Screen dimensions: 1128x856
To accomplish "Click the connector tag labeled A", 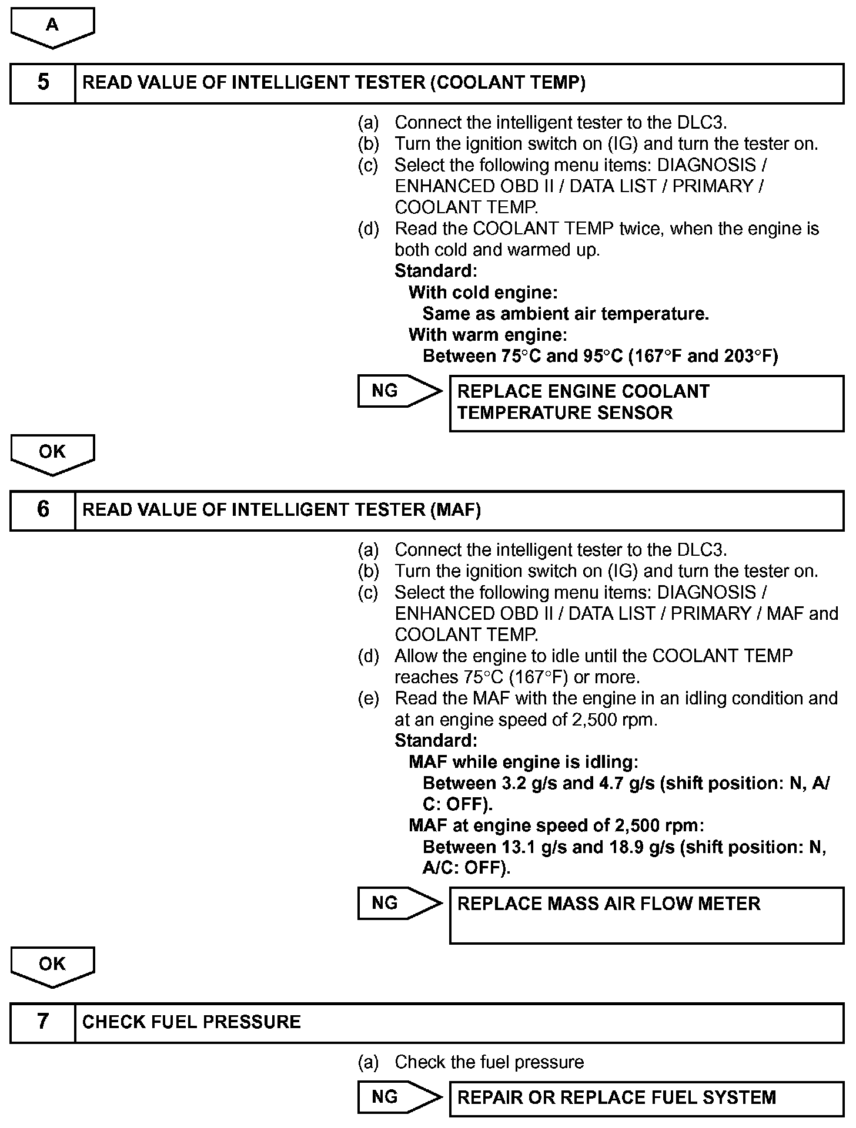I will tap(52, 26).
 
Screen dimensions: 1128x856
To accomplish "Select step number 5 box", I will tap(43, 83).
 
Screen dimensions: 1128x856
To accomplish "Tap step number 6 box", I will tap(43, 510).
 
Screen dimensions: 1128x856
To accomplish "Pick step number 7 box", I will tap(43, 1022).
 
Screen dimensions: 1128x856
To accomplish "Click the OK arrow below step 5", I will tap(52, 453).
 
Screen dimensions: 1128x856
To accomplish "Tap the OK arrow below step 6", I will tap(52, 965).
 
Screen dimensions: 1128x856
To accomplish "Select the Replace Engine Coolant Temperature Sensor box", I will tap(646, 403).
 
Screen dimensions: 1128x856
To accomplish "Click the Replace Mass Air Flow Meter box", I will tap(646, 915).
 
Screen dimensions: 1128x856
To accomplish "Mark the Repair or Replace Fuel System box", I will tap(646, 1098).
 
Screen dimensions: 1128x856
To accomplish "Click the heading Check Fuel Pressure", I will tap(191, 1022).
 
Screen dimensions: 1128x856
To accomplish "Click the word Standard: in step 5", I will tap(436, 271).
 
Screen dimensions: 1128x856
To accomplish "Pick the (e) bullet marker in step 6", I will tap(369, 699).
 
